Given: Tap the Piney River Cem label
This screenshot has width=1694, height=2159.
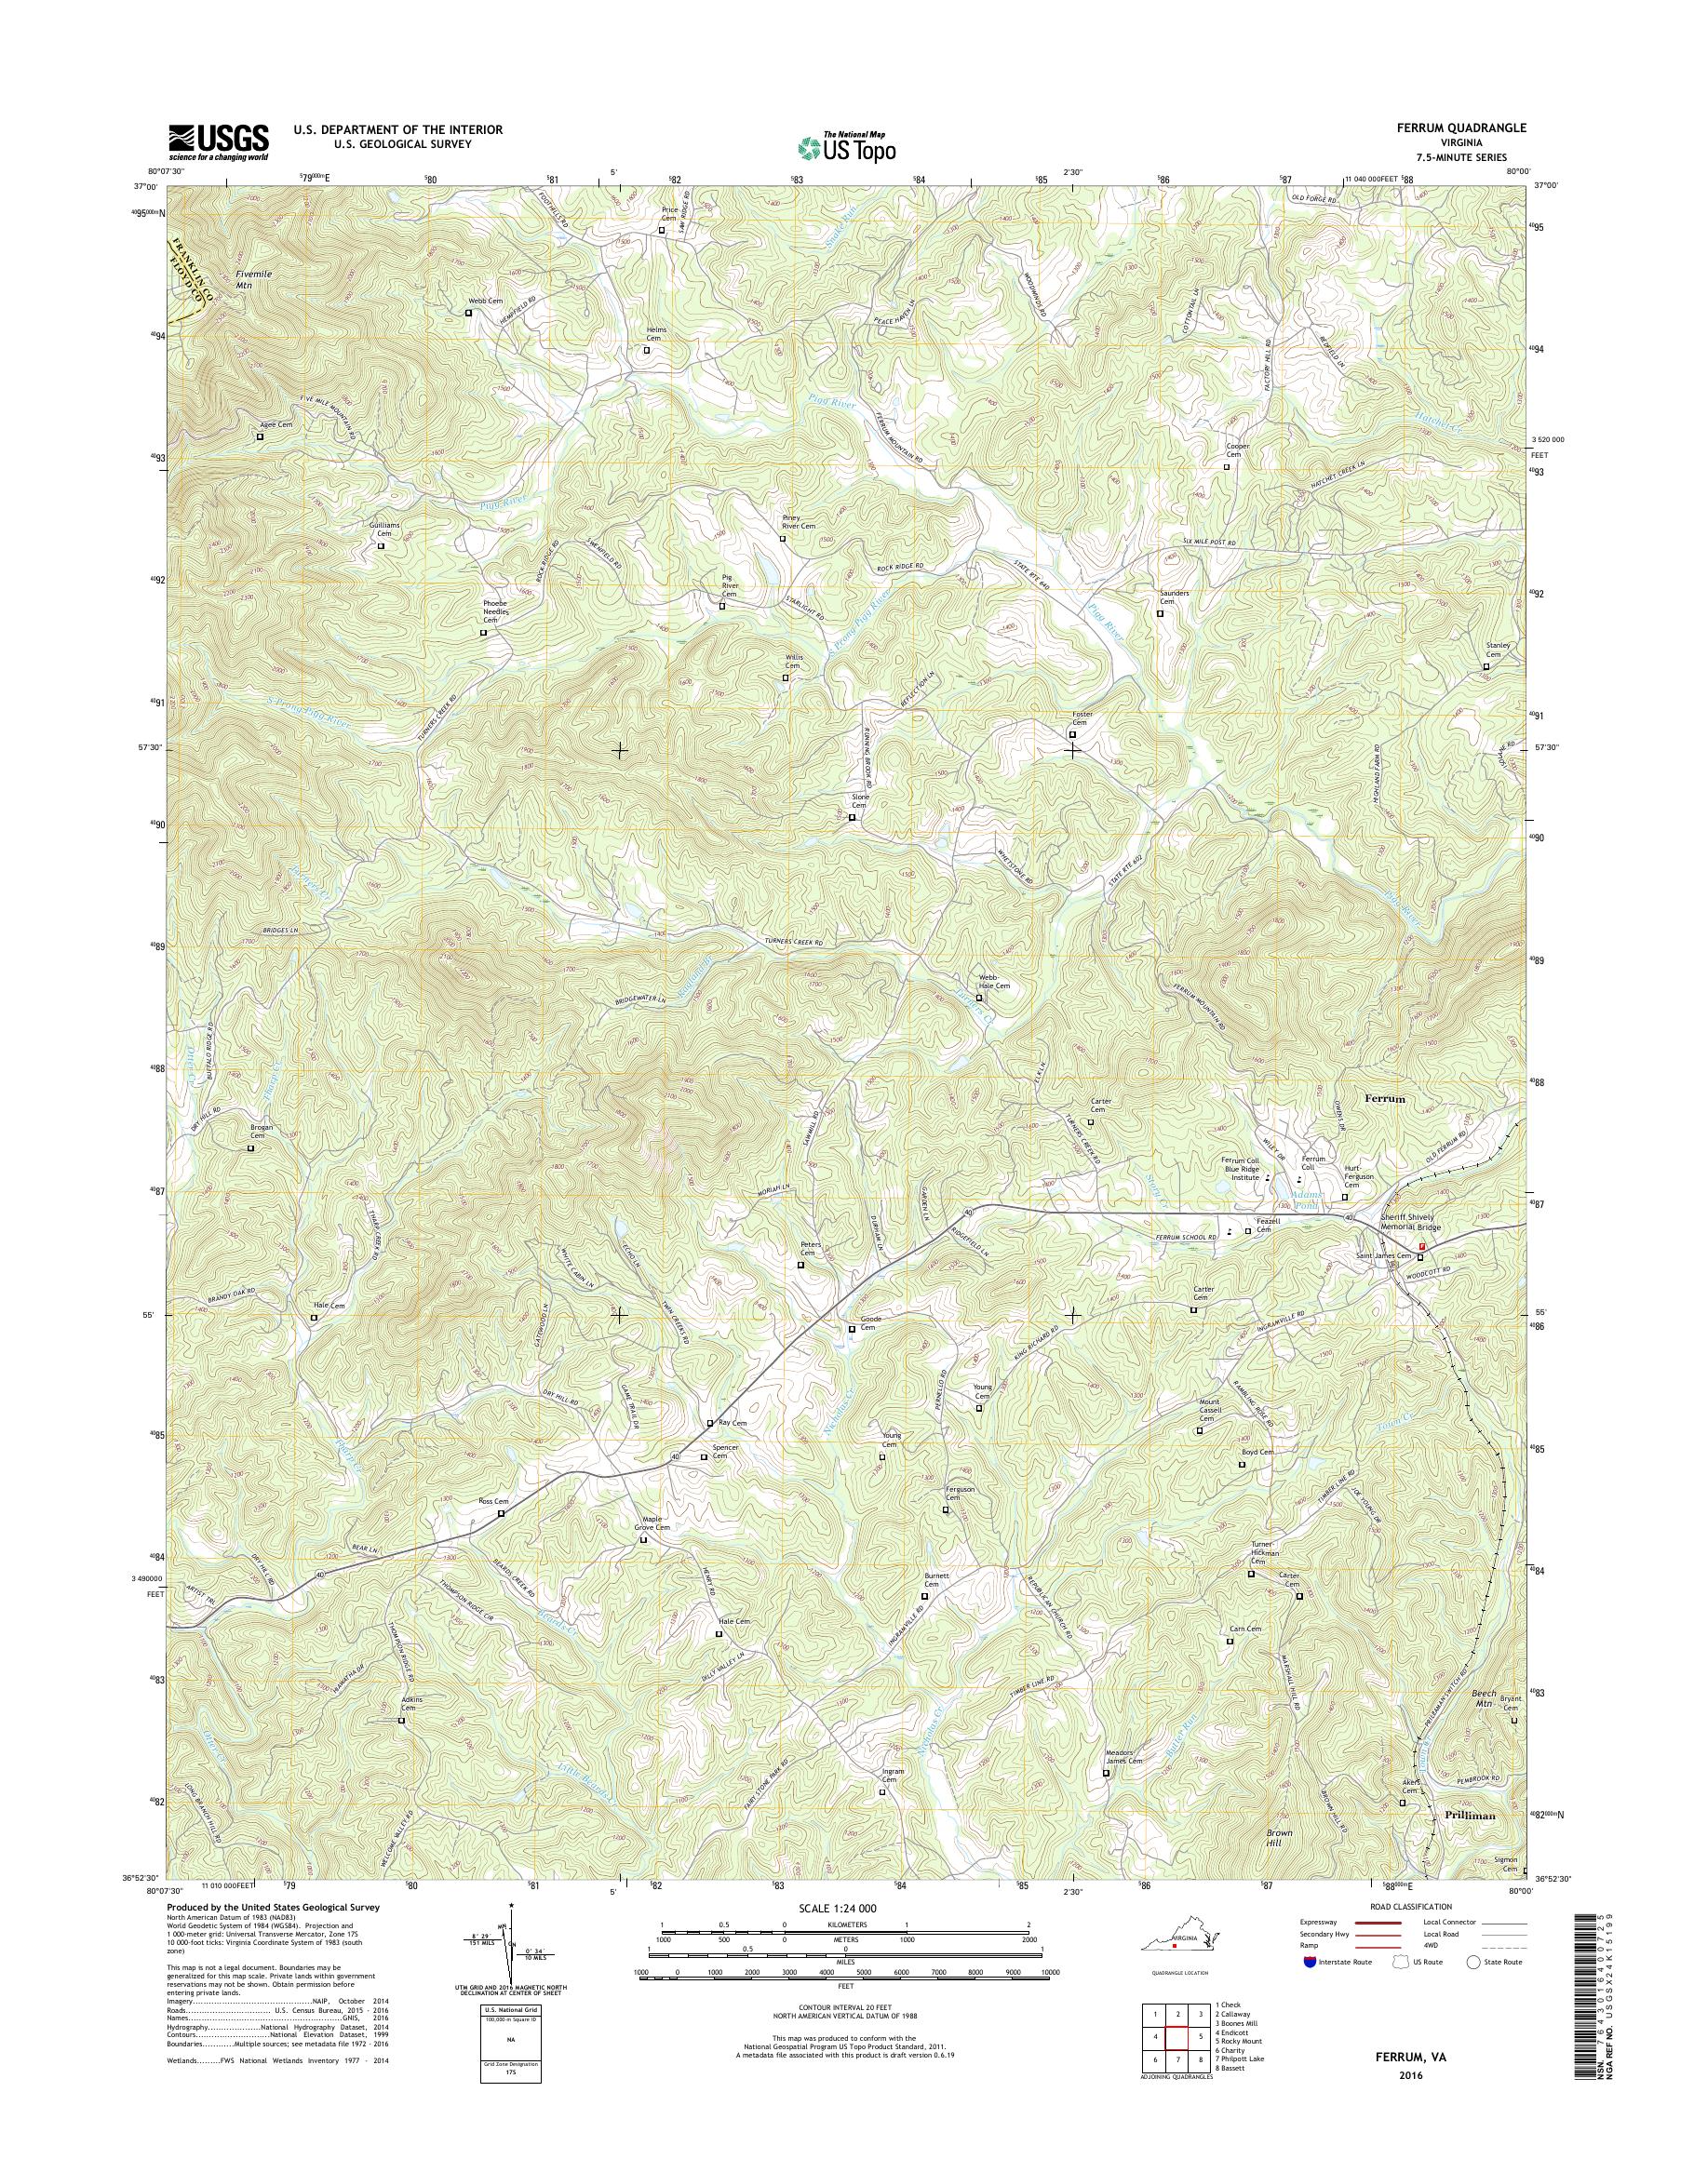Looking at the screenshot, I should click(x=799, y=523).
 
